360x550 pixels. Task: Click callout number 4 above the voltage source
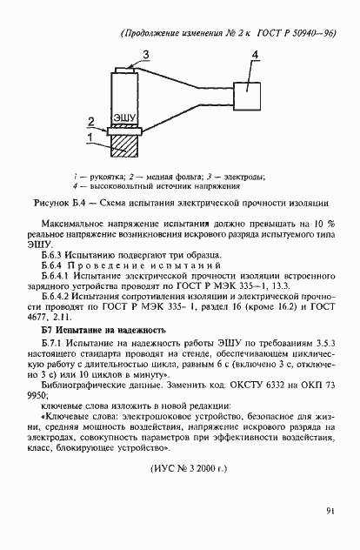click(255, 55)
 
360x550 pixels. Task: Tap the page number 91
click(331, 511)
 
